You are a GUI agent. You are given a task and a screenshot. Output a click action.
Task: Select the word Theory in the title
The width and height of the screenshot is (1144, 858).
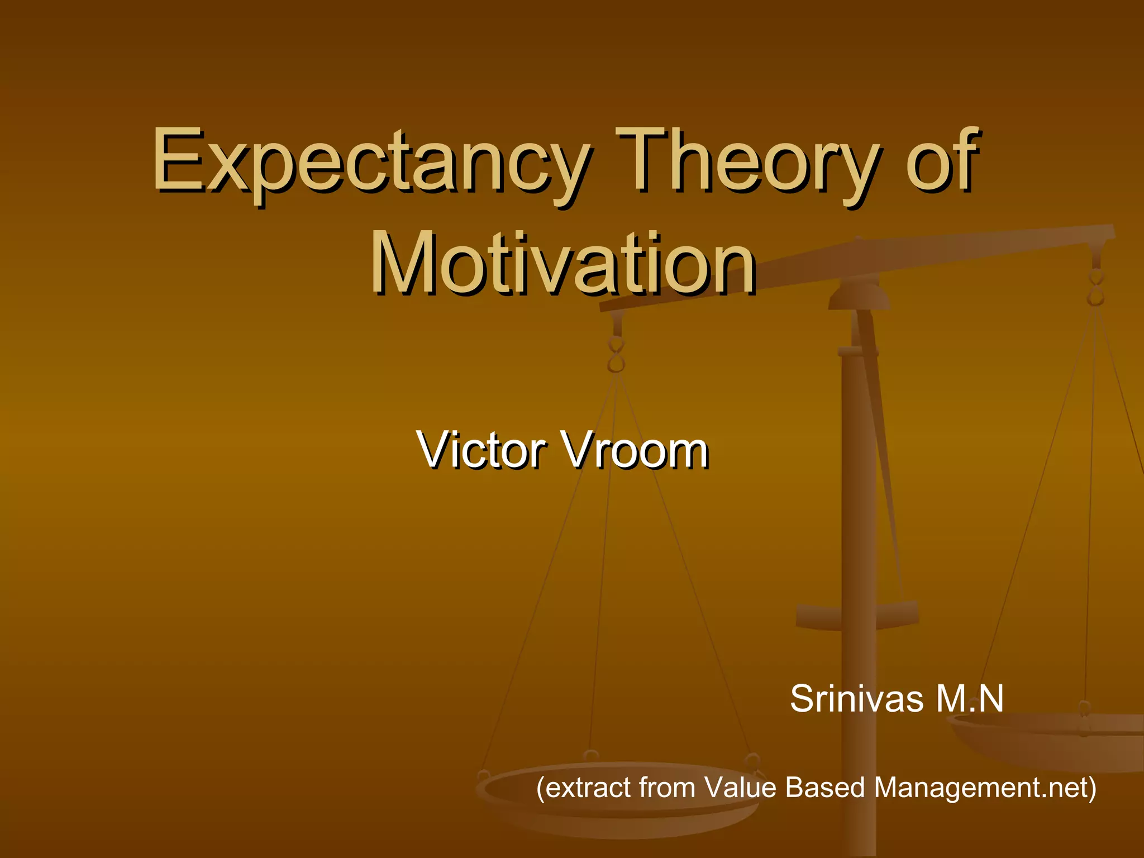pyautogui.click(x=746, y=162)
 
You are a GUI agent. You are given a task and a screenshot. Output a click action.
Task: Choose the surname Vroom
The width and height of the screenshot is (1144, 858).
pyautogui.click(x=637, y=450)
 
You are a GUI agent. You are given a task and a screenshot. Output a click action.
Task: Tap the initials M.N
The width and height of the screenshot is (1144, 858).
pyautogui.click(x=969, y=698)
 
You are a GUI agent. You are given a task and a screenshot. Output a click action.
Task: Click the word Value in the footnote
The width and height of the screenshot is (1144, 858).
pyautogui.click(x=740, y=788)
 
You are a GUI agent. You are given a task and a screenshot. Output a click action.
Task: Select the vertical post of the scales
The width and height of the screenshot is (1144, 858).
pyautogui.click(x=859, y=503)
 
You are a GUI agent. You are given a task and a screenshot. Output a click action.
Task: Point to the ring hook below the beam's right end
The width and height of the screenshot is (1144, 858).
pyautogui.click(x=1096, y=288)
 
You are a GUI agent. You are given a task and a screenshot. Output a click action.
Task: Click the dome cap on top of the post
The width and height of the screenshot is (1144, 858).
pyautogui.click(x=859, y=296)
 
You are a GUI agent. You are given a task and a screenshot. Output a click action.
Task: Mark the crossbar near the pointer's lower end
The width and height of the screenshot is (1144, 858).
pyautogui.click(x=857, y=614)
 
